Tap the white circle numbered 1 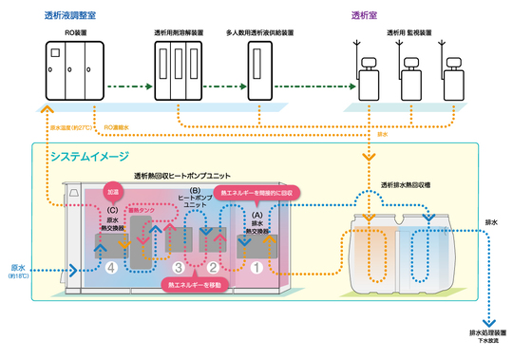pos(254,268)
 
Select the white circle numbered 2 pos(213,268)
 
